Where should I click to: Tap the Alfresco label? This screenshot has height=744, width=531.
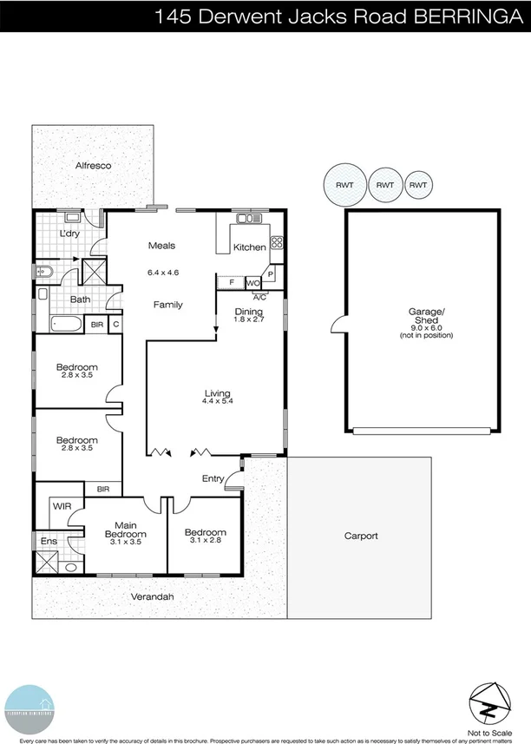(94, 165)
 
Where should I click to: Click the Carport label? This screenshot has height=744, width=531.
(360, 536)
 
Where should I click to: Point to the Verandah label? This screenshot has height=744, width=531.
(152, 597)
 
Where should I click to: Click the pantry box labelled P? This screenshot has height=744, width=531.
(272, 273)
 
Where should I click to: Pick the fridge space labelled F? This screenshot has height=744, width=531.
(231, 282)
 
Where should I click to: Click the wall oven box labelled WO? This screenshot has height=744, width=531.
(253, 282)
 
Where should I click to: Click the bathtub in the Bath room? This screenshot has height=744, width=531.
(66, 326)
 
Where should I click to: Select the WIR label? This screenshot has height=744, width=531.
(61, 504)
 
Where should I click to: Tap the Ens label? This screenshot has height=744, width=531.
(48, 542)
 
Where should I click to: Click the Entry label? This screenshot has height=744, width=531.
(213, 478)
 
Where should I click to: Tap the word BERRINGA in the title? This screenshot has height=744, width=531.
(475, 15)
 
